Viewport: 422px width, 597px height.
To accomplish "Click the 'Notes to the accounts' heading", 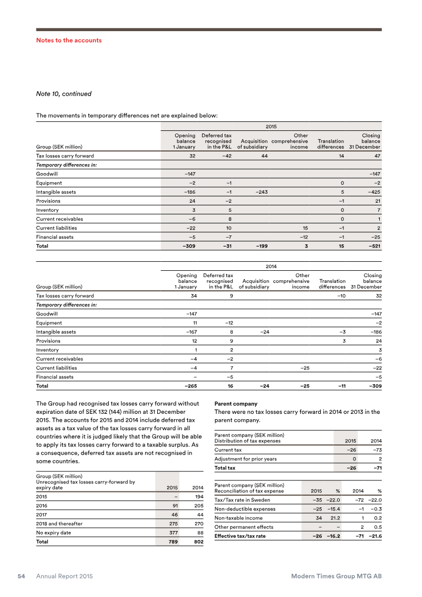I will pyautogui.click(x=69, y=40).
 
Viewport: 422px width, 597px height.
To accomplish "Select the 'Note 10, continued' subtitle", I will pyautogui.click(x=63, y=94).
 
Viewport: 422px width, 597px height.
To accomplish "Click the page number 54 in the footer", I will pyautogui.click(x=21, y=576).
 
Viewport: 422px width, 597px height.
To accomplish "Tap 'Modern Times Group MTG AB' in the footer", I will pyautogui.click(x=337, y=576).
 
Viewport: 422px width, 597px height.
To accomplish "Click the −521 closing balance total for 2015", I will pyautogui.click(x=373, y=246).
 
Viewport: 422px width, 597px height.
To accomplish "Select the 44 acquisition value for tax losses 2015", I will pyautogui.click(x=264, y=156).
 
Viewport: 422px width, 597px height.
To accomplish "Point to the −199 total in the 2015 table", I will pyautogui.click(x=261, y=246).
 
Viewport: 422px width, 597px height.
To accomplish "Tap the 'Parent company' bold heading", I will pyautogui.click(x=236, y=404).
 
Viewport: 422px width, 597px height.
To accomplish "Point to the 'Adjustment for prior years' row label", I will pyautogui.click(x=245, y=459).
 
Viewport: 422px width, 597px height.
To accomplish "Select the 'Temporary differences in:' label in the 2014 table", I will pyautogui.click(x=66, y=305).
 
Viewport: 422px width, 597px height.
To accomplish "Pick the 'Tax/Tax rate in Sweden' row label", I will pyautogui.click(x=242, y=500).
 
